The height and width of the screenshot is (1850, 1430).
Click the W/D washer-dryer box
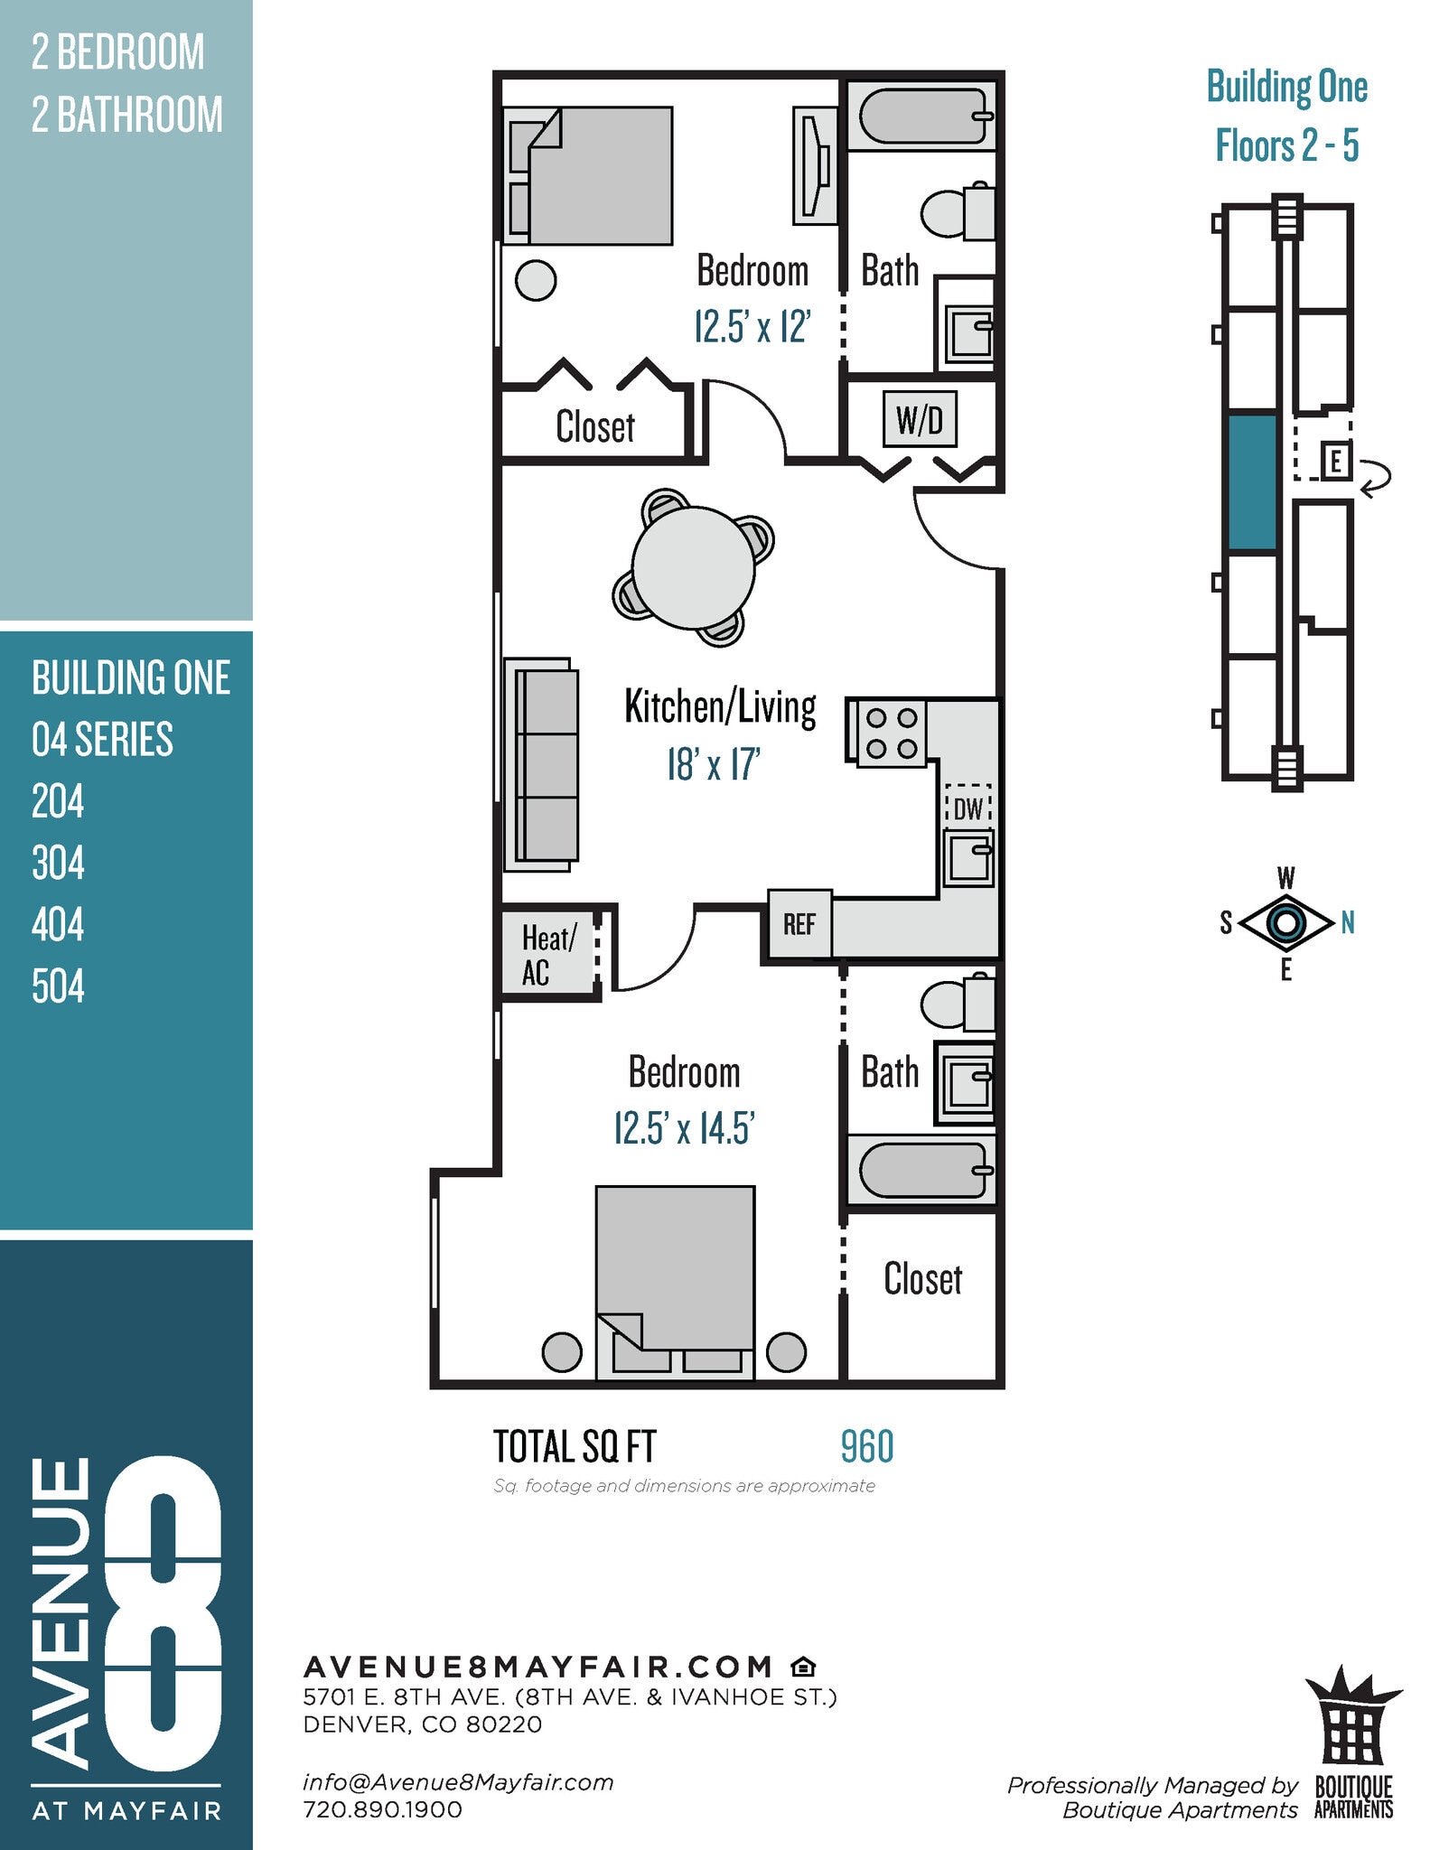[x=919, y=419]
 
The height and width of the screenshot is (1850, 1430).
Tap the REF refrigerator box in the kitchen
[x=799, y=924]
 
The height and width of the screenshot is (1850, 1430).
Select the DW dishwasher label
[x=967, y=808]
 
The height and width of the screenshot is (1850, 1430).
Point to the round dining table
[x=694, y=567]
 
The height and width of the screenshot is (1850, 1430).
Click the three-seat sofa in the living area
[x=543, y=765]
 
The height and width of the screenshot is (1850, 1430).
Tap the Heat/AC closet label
[x=547, y=956]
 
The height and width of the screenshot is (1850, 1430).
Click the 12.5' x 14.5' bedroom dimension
[x=684, y=1128]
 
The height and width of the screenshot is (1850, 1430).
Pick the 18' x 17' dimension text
[x=713, y=765]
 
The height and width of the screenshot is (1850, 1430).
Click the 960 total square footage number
[x=866, y=1446]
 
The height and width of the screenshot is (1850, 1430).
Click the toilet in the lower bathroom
[x=957, y=1003]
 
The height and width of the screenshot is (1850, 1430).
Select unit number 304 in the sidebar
[x=58, y=863]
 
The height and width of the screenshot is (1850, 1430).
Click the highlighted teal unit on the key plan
[x=1252, y=482]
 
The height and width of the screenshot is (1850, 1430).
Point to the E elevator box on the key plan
[x=1335, y=462]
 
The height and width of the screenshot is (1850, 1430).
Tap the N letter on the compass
[x=1347, y=922]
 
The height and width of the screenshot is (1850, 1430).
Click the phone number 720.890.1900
[x=382, y=1809]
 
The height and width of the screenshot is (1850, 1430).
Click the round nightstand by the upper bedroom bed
[x=535, y=281]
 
